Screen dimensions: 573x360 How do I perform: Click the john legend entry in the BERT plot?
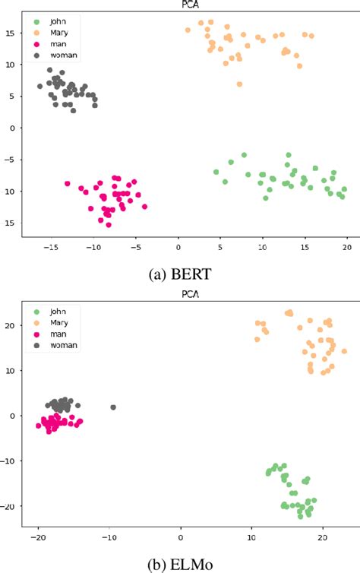pyautogui.click(x=47, y=21)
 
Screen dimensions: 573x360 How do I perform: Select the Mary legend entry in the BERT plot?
pyautogui.click(x=49, y=32)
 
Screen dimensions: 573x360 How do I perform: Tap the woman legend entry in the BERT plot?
pyautogui.click(x=52, y=55)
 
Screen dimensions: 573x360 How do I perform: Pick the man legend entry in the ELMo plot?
pyautogui.click(x=49, y=334)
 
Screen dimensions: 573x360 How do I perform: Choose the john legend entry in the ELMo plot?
pyautogui.click(x=47, y=311)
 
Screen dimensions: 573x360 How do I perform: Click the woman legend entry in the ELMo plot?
pyautogui.click(x=52, y=346)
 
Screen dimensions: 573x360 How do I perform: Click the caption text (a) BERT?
pyautogui.click(x=180, y=271)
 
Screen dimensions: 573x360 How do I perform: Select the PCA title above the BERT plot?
pyautogui.click(x=180, y=5)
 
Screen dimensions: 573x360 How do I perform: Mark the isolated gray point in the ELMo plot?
pyautogui.click(x=113, y=407)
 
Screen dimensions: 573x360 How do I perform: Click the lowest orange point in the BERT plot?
pyautogui.click(x=239, y=84)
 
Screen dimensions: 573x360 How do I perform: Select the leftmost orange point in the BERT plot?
pyautogui.click(x=188, y=30)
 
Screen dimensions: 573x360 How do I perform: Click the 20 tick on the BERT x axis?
pyautogui.click(x=346, y=247)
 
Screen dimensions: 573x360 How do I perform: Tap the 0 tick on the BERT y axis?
pyautogui.click(x=11, y=128)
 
